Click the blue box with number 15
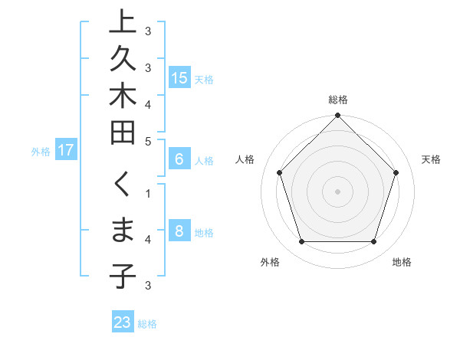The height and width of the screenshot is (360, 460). pos(179,77)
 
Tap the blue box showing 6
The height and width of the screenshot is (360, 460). pos(179,159)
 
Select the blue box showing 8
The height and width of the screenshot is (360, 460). pos(179,231)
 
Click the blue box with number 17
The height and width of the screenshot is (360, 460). pos(66,150)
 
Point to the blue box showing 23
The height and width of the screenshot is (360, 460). pos(123,322)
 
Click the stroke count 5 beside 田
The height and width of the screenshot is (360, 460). pos(148,140)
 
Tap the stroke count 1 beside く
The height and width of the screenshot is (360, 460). pos(148,193)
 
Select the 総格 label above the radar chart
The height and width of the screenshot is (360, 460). pos(338,100)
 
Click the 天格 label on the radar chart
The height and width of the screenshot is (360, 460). pos(432,159)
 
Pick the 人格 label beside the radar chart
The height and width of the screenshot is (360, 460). pos(245,159)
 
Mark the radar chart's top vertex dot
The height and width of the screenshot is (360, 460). pos(337,116)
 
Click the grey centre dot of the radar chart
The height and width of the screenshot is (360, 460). pos(337,191)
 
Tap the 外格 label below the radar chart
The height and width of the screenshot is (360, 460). pos(270,262)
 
